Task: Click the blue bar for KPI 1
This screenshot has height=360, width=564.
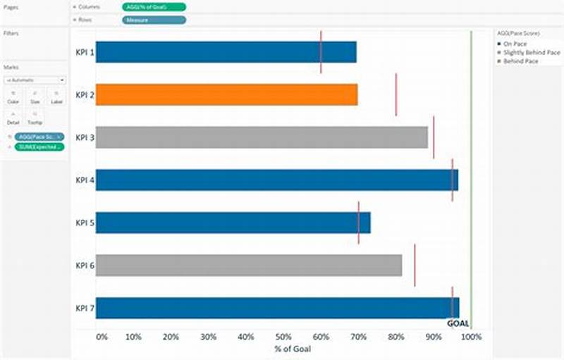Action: (226, 52)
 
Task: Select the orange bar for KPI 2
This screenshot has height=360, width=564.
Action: (226, 94)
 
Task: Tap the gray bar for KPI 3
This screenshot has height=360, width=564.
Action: (262, 137)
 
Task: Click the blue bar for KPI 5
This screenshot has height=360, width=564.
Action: (233, 223)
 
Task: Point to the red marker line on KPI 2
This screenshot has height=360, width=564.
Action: (396, 94)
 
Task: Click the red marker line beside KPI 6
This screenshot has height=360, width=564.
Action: (415, 265)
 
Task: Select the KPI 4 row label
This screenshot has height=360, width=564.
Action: (85, 180)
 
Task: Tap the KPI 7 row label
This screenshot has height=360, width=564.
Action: (85, 308)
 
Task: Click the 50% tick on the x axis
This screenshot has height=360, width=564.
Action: (283, 337)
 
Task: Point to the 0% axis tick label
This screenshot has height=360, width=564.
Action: (102, 337)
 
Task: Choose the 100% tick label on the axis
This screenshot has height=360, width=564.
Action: (471, 337)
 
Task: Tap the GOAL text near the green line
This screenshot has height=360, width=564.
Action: (458, 323)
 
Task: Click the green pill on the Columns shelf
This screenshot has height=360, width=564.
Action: (154, 6)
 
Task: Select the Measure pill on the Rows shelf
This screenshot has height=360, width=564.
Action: (154, 20)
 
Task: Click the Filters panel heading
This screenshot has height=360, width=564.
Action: (11, 33)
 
